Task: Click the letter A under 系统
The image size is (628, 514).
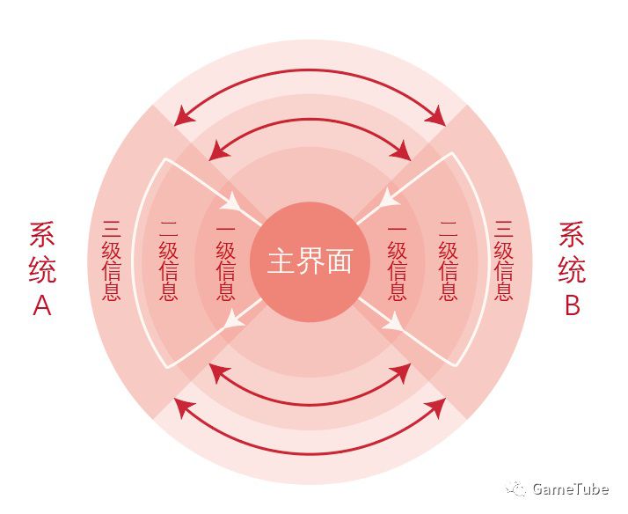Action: [42, 305]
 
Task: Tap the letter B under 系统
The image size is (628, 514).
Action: [572, 305]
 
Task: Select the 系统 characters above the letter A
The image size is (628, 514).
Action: [42, 252]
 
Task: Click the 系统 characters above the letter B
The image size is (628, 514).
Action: [572, 252]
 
